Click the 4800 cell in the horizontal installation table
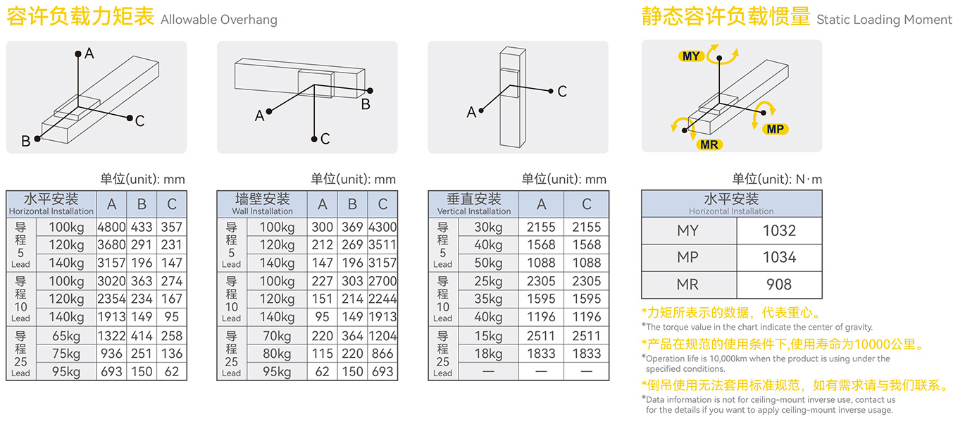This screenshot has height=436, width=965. pos(111,227)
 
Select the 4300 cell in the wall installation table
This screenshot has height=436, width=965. pos(382,227)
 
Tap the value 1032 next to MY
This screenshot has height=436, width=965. pos(779,231)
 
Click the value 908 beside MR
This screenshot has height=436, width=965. pos(779,285)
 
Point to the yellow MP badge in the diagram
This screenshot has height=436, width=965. pos(775,129)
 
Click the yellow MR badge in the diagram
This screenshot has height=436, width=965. pos(709,145)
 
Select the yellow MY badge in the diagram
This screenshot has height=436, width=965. pos(691,56)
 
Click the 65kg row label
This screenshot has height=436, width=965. pos(66,336)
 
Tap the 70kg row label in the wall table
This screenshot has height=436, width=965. pos(277,336)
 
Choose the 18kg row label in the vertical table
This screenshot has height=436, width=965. pos(488,354)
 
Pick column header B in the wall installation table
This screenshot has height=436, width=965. pos(352,204)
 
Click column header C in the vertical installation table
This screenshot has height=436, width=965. pos(586,204)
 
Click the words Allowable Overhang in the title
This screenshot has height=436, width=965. pos(219,20)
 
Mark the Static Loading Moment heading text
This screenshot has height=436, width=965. pos(884,20)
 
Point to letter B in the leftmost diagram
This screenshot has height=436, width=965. pos(26,142)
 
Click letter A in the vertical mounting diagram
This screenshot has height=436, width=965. pos(471,113)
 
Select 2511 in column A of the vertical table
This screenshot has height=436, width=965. pos(541,336)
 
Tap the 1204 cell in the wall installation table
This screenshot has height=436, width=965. pos(382,336)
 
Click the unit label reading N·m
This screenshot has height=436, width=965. pos(809,179)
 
